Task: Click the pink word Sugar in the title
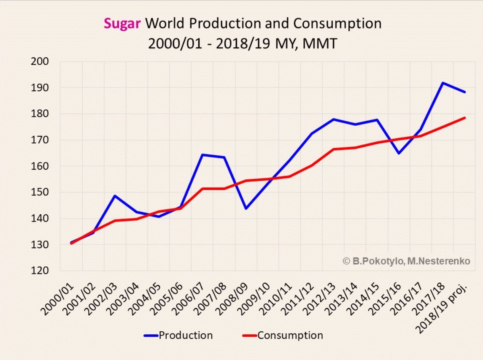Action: click(122, 23)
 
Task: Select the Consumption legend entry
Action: click(290, 336)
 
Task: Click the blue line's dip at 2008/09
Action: click(246, 208)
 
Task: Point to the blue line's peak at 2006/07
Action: click(202, 155)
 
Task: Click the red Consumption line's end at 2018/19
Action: click(465, 118)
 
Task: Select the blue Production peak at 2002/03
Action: click(115, 196)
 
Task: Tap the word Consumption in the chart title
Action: click(337, 23)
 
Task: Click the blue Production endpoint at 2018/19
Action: click(465, 92)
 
